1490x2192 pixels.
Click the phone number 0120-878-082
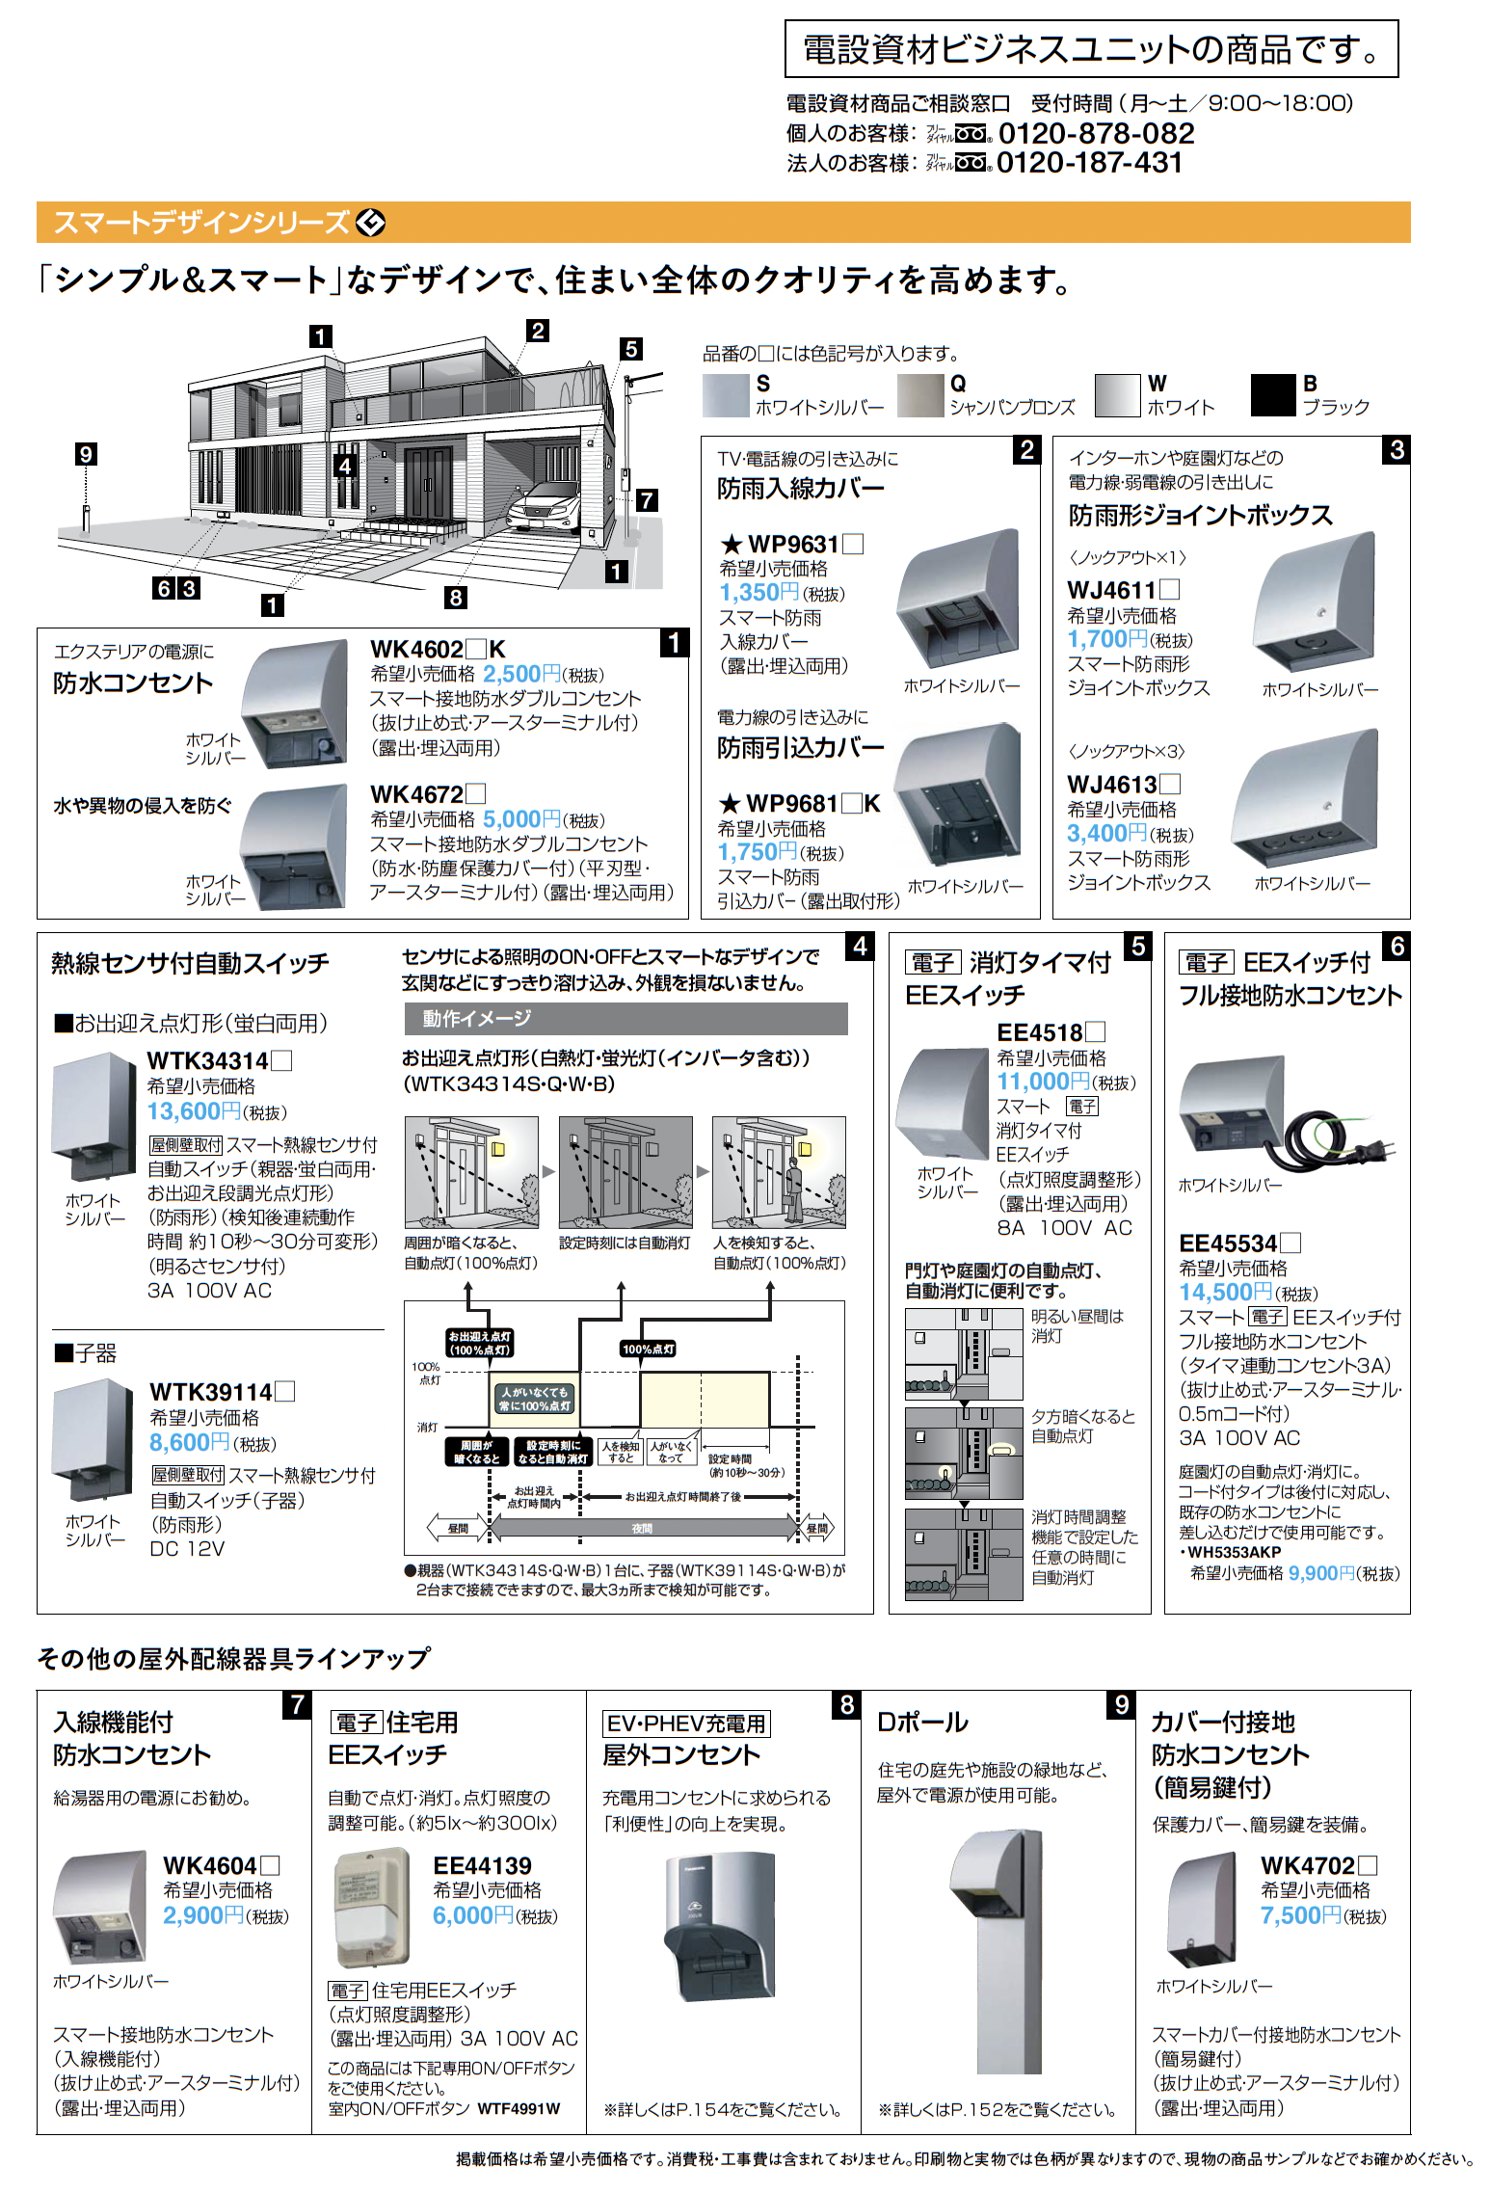1096,133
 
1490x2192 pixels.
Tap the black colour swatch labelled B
1272,395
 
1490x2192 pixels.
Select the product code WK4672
417,794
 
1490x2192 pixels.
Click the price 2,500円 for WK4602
520,674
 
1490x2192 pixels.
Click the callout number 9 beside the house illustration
86,454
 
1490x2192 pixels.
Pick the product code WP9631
793,544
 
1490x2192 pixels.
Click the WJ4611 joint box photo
1315,603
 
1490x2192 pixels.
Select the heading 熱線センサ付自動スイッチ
190,963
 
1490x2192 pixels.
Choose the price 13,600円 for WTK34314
194,1111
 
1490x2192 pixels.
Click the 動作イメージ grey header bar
625,1018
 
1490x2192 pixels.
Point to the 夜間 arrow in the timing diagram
642,1528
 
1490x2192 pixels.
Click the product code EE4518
1040,1032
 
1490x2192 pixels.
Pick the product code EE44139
482,1865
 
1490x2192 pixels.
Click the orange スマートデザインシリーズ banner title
200,223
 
